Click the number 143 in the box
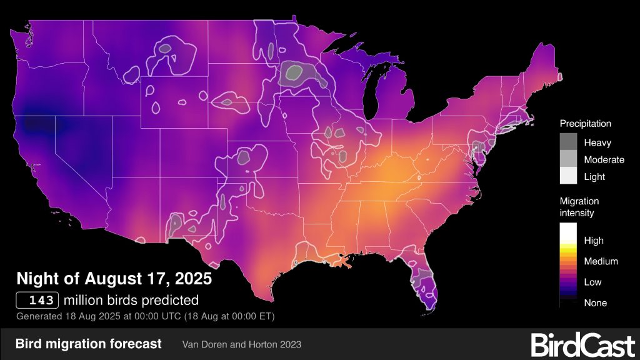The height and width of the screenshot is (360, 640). (38, 299)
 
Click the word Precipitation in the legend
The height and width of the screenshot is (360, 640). (585, 124)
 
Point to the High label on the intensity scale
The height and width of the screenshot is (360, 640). (593, 241)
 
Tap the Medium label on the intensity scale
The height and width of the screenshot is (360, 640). (601, 261)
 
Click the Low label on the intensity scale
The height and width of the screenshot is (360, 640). (592, 282)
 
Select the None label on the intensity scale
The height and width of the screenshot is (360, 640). (595, 302)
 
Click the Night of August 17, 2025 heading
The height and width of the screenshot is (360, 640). (114, 277)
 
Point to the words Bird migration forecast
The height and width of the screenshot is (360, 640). (88, 344)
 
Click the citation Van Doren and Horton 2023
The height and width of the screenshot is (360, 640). (242, 344)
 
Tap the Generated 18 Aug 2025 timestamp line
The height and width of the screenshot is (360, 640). (145, 316)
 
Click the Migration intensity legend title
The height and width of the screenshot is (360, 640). (579, 207)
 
